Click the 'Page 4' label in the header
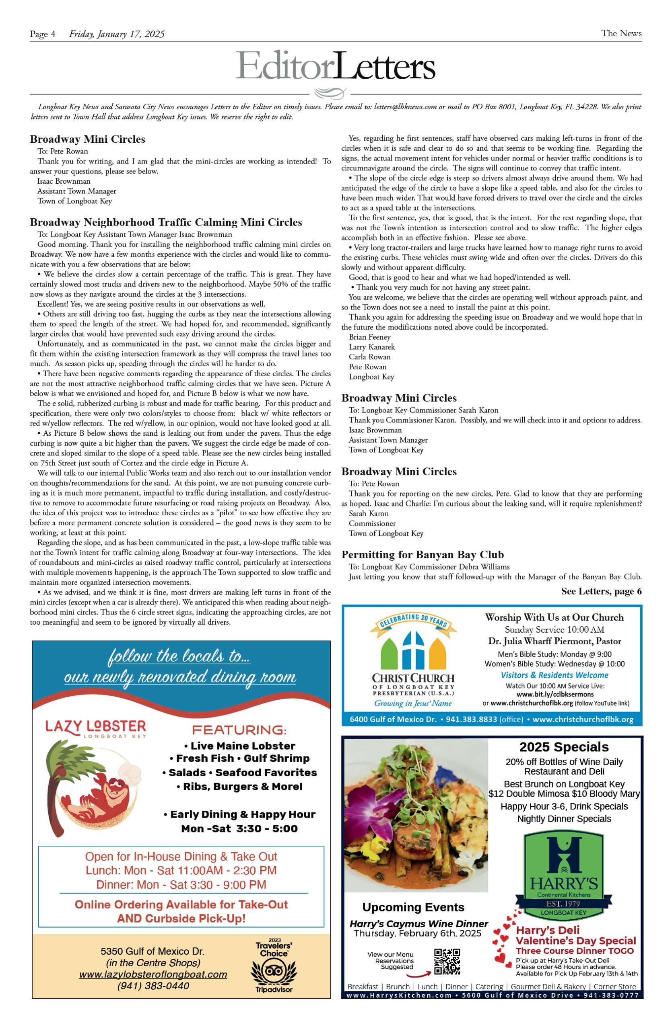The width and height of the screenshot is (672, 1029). click(x=42, y=34)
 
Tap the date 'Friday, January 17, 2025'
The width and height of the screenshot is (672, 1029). click(x=117, y=34)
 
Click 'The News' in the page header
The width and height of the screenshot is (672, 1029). click(x=621, y=33)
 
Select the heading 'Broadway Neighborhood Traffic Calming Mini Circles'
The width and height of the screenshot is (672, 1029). click(x=166, y=222)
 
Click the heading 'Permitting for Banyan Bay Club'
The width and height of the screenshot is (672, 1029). click(x=423, y=555)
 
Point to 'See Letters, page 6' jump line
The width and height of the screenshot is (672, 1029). click(x=601, y=591)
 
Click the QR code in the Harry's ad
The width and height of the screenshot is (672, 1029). click(x=447, y=961)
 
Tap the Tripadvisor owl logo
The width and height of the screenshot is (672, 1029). click(x=274, y=971)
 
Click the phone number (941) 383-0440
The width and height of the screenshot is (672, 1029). click(x=153, y=986)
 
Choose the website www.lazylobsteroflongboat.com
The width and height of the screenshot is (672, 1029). click(x=153, y=974)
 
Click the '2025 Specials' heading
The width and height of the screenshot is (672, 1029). click(x=564, y=747)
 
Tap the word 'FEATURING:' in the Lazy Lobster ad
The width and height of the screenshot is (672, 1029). click(x=239, y=730)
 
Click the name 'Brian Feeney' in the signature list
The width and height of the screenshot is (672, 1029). click(x=369, y=337)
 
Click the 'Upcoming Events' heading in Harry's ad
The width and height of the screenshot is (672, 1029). click(x=413, y=907)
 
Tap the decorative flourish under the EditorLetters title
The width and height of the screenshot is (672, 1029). click(x=330, y=93)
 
